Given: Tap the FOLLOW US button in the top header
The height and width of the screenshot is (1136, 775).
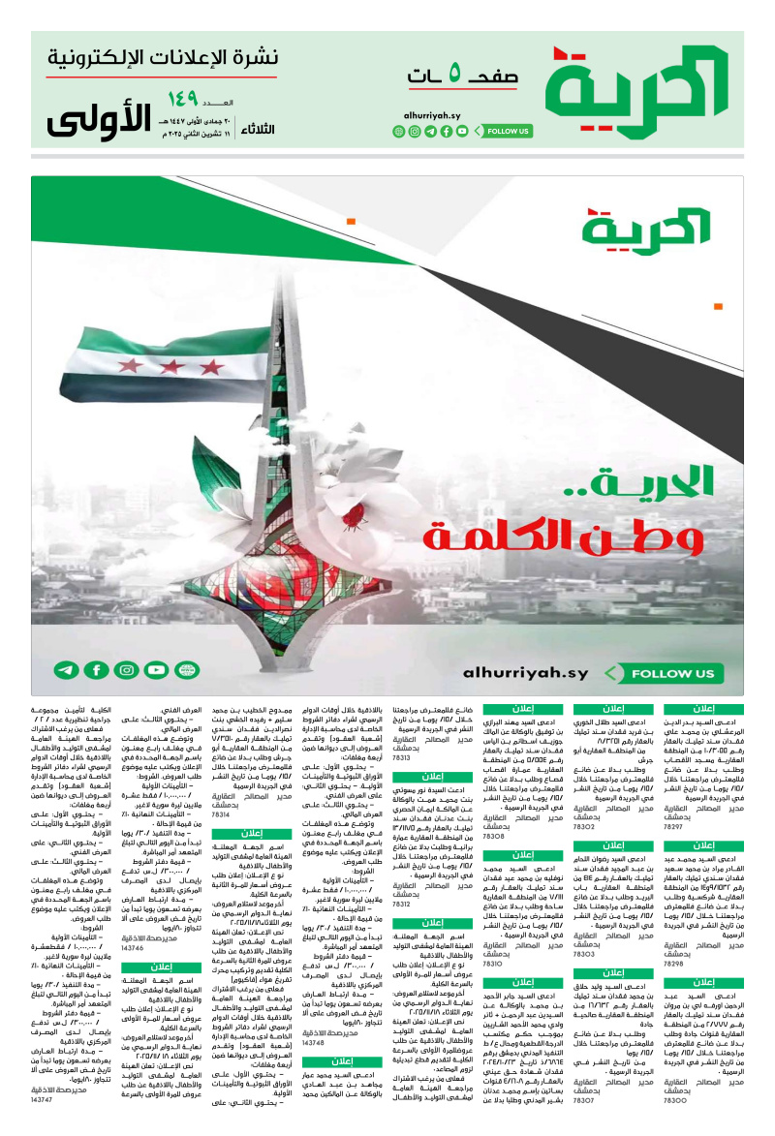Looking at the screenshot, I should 509,131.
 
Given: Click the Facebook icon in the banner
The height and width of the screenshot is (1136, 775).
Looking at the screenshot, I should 96,669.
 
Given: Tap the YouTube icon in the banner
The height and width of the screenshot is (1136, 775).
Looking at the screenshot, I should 156,669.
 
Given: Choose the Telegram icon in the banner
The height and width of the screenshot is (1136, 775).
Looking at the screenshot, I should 66,669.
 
